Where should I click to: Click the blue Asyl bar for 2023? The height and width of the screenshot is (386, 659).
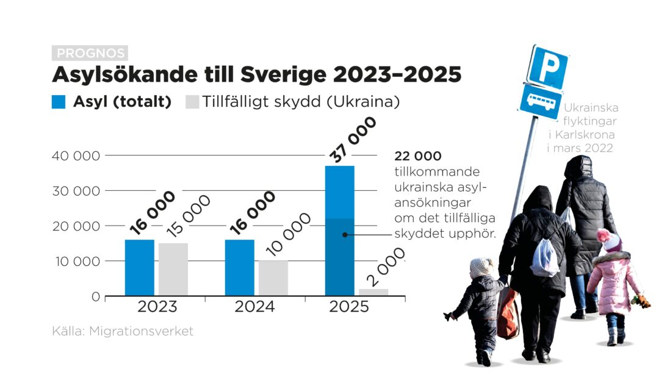pos(139,268)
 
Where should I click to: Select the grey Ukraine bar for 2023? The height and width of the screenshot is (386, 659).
pos(173,270)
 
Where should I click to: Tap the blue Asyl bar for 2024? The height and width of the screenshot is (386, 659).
pos(239,268)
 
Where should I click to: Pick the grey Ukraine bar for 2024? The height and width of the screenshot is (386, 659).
pos(273,278)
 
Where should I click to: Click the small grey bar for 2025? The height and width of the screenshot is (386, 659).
pos(373,293)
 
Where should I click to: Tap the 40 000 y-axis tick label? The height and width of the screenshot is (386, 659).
pos(76,155)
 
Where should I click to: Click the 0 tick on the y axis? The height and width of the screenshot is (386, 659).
pos(95,297)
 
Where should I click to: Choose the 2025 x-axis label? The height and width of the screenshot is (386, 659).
pos(349,307)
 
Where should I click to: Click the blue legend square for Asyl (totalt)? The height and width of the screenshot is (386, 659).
pos(59,102)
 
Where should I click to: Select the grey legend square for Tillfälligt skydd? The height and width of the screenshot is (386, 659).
pos(192,102)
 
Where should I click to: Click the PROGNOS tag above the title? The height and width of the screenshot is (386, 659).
pos(90,53)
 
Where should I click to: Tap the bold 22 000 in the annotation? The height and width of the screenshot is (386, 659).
pos(418,156)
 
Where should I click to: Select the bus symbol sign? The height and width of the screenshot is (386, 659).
pos(540,101)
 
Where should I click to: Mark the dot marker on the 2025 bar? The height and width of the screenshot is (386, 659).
pos(345,234)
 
